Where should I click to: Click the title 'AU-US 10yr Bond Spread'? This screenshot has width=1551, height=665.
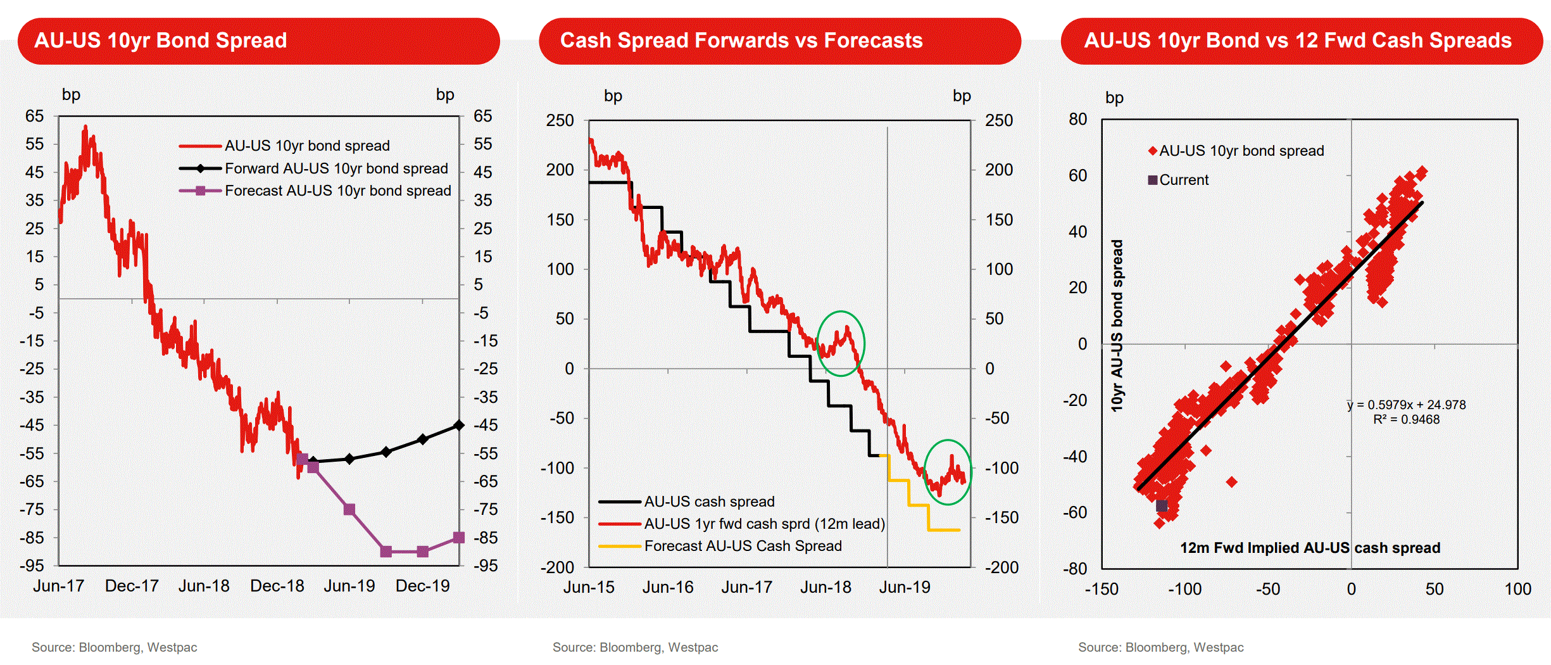coord(161,41)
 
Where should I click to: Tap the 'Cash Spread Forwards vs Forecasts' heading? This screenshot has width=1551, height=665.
coord(741,41)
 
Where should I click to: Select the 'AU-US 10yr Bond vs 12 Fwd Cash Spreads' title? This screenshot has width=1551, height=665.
coord(1298,41)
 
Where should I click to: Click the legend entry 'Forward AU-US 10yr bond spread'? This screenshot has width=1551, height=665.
coord(336,168)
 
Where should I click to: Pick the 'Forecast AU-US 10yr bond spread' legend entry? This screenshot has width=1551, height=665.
coord(337,191)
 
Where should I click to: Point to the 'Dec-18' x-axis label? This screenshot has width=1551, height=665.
coord(277,586)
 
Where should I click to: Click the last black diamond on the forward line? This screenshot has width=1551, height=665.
coord(460,425)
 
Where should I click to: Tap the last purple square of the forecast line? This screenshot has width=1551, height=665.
coord(460,538)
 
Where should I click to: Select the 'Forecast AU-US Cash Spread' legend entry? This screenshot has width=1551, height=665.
coord(743,546)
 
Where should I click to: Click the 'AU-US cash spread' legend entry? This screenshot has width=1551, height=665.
coord(709,502)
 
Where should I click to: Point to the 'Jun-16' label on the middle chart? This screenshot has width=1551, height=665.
coord(668,588)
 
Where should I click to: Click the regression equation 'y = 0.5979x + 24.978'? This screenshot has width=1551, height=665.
coord(1407,405)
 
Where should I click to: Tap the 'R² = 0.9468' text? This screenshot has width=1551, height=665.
coord(1407,419)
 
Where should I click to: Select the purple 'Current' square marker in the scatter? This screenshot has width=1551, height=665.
coord(1162,506)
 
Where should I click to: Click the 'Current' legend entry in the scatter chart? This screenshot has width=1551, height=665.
coord(1183,180)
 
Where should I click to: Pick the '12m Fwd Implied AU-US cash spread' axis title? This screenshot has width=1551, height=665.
coord(1310,548)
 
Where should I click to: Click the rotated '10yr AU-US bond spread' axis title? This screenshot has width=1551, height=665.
coord(1117,326)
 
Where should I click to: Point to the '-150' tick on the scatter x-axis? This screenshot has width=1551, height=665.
coord(1102,589)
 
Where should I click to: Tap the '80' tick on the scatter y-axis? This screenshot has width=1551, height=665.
coord(1077,120)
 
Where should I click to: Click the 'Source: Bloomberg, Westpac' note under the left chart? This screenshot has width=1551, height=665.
coord(115,647)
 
